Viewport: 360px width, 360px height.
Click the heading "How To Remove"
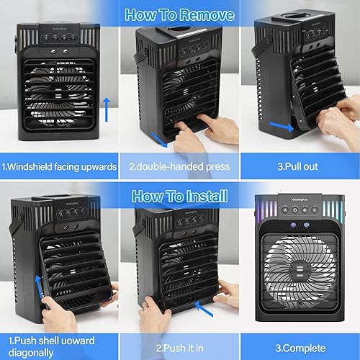[179, 14]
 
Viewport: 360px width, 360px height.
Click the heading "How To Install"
[179, 196]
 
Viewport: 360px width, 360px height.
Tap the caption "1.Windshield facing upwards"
[60, 167]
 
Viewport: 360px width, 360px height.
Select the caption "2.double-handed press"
[179, 167]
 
